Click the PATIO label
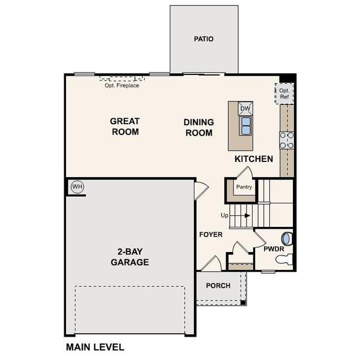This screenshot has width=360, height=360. tap(203, 39)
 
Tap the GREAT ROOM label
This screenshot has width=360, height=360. tap(124, 127)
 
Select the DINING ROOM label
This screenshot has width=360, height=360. tap(198, 127)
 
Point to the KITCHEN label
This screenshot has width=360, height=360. tap(254, 159)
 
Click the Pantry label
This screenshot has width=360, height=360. tap(244, 187)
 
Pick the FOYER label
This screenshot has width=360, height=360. tap(211, 235)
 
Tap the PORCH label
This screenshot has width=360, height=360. tap(218, 285)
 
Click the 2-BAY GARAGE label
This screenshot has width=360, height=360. tap(129, 257)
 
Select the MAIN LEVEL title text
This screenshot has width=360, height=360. tap(95, 347)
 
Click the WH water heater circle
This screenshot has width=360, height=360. tap(77, 187)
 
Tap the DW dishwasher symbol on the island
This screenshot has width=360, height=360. tap(245, 109)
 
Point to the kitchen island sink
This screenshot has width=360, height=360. tap(245, 124)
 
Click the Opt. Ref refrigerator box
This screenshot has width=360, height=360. tap(284, 94)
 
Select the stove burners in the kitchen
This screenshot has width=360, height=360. tap(286, 140)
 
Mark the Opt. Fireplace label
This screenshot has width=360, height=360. tap(122, 85)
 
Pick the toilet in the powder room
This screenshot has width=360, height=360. tap(284, 259)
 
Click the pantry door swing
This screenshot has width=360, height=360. tap(245, 173)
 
